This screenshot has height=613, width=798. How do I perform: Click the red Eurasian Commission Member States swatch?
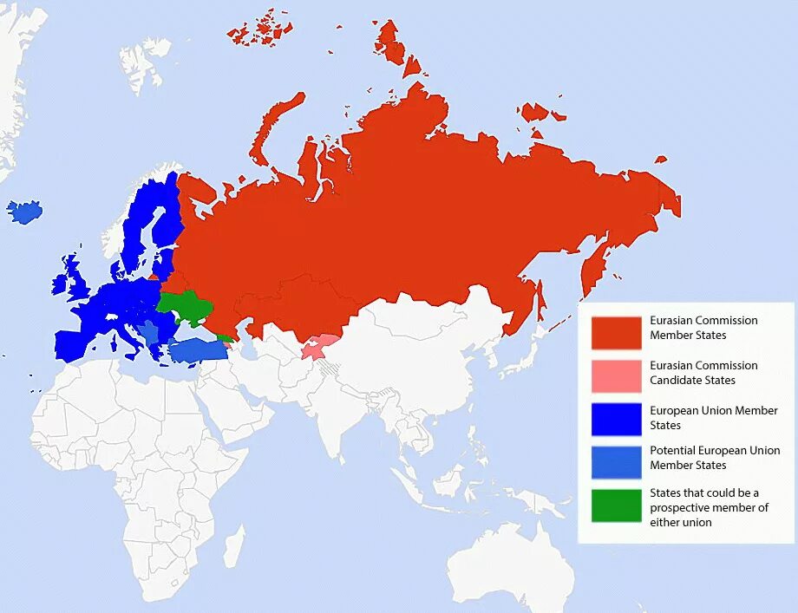616,333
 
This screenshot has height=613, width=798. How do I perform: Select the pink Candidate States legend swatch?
616,376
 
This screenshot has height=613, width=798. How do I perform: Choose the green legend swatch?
616,505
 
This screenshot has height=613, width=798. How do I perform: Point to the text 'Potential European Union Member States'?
714,458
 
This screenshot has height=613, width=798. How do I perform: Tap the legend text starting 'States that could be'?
709,507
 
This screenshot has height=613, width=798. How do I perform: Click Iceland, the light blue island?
24,212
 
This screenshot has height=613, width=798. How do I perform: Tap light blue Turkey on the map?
197,350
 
